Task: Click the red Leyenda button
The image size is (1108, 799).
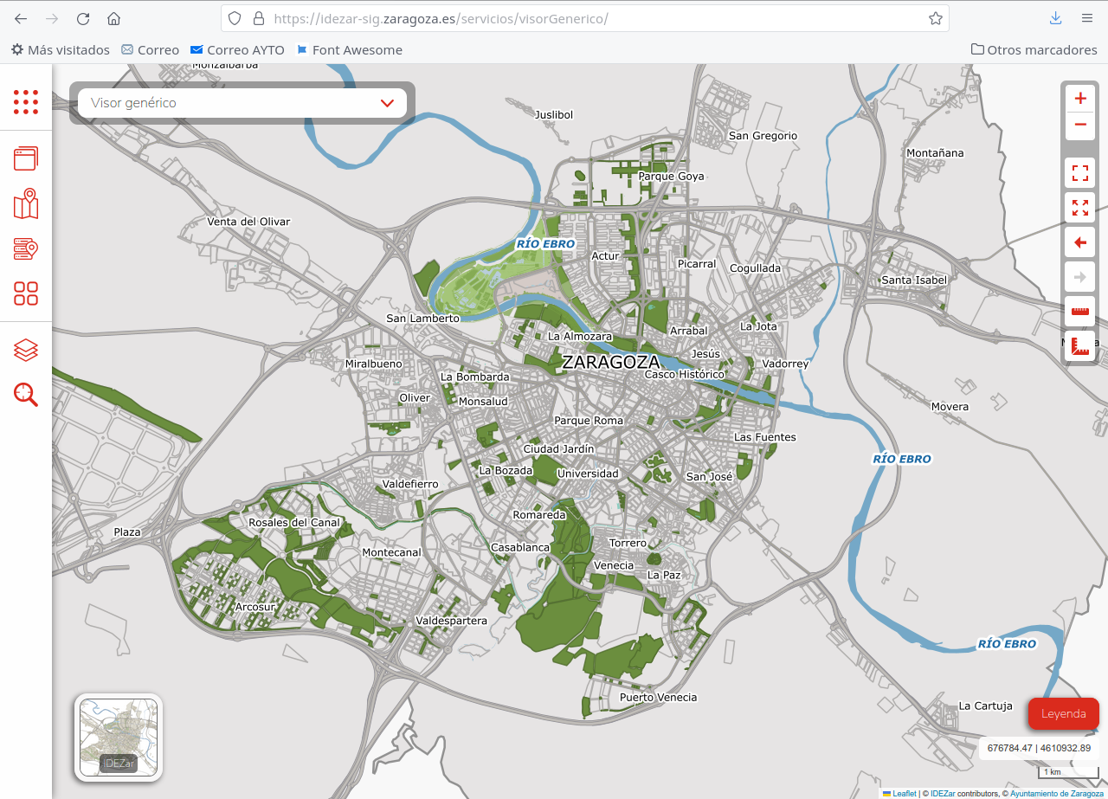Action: click(1063, 713)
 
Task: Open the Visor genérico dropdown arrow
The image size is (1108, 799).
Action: click(387, 103)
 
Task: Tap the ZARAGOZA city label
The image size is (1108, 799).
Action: click(610, 362)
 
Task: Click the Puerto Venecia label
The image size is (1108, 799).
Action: click(658, 697)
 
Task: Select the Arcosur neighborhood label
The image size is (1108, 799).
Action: click(254, 607)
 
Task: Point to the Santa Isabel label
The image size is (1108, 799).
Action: click(914, 280)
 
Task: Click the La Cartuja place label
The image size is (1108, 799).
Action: click(985, 706)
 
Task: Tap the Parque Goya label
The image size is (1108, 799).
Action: click(671, 176)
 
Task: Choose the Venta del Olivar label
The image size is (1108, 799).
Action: click(248, 222)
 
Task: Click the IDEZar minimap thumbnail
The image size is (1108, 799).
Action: click(119, 738)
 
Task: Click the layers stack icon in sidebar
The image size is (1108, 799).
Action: click(26, 350)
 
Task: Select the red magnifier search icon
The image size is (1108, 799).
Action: click(26, 395)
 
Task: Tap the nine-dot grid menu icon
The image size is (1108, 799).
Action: click(26, 102)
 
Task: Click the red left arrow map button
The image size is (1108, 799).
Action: click(1079, 242)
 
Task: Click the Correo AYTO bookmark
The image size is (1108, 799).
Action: click(237, 50)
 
